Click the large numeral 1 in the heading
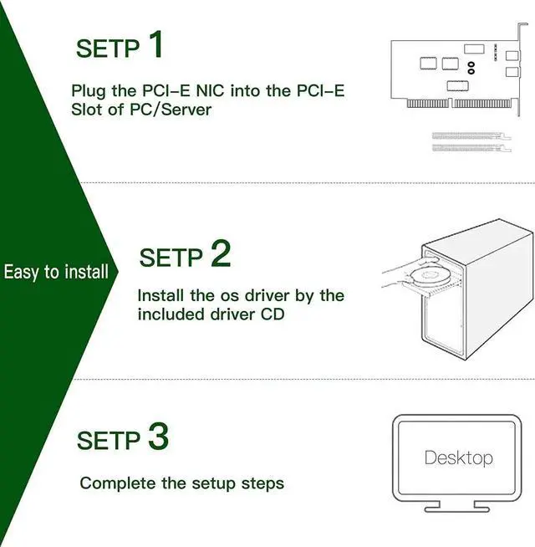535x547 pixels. pyautogui.click(x=155, y=45)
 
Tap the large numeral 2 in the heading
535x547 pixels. pyautogui.click(x=221, y=253)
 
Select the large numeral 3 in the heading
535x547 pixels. pyautogui.click(x=158, y=437)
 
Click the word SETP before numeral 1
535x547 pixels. pyautogui.click(x=109, y=49)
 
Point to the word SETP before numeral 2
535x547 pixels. pyautogui.click(x=171, y=258)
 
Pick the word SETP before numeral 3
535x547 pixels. pyautogui.click(x=109, y=441)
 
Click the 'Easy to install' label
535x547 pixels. pyautogui.click(x=56, y=272)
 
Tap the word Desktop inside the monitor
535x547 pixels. pyautogui.click(x=458, y=458)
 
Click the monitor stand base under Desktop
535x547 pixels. pyautogui.click(x=457, y=507)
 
